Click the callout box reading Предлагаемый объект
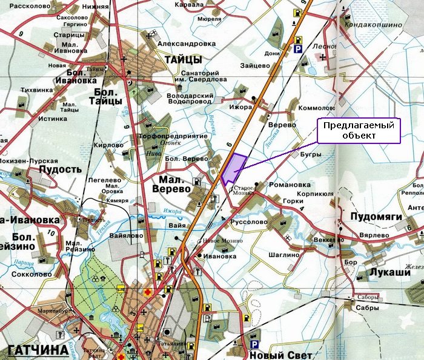pos(359,131)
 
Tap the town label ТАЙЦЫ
pos(182,59)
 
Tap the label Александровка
pos(186,44)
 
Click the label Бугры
pos(311,154)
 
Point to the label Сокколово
pos(31,274)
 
